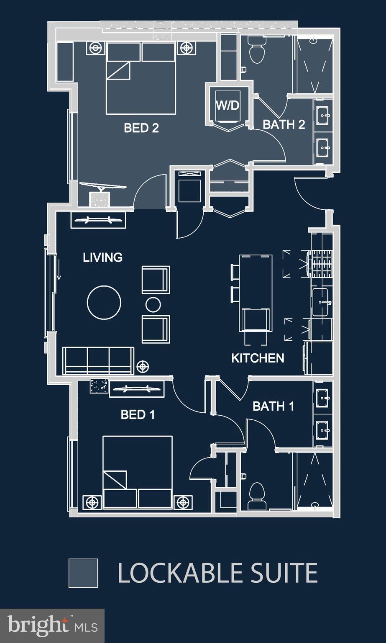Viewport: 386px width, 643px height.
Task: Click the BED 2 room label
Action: coord(141,128)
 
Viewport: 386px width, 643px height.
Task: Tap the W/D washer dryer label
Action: coord(228,105)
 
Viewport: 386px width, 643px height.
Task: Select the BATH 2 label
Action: coord(284,124)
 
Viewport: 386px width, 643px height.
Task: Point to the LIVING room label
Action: coord(102,257)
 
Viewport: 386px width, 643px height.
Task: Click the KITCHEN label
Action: coord(258,358)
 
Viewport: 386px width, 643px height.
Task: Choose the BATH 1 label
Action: coord(274,406)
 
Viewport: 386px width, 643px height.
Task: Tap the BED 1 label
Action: coord(138,414)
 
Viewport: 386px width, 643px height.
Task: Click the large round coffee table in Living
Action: coord(104,302)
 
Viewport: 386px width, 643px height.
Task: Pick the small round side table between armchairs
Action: coord(153,304)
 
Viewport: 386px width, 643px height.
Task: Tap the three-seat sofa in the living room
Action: coord(98,360)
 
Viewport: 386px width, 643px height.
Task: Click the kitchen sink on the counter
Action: coord(321,301)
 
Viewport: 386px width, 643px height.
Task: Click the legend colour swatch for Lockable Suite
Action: coord(83,573)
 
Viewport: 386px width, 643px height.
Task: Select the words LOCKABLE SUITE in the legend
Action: coord(217,573)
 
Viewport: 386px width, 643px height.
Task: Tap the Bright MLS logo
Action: coord(52,625)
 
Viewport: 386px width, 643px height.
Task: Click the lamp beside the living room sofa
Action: coord(143,367)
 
